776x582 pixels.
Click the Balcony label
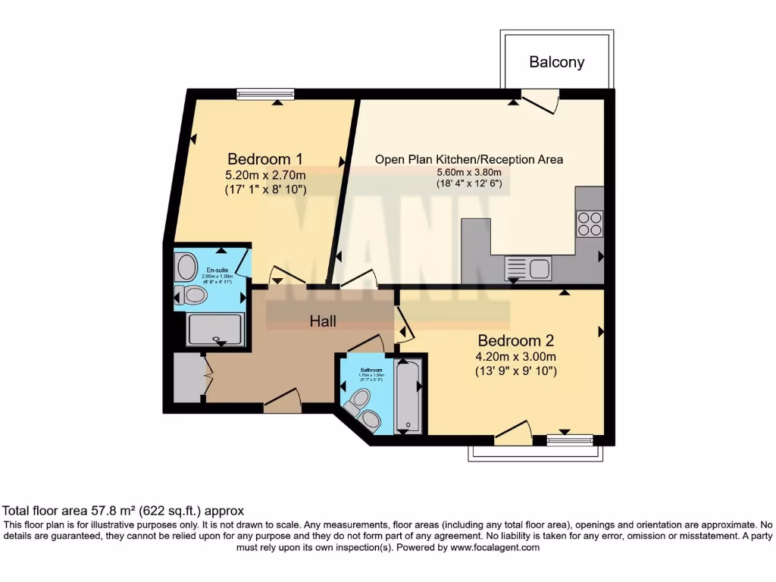[556, 62]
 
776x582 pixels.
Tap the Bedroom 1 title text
[265, 159]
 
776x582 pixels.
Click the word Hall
[323, 321]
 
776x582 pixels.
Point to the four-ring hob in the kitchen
[590, 224]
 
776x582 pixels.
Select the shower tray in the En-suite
[215, 330]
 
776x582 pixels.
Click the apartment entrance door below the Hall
[283, 402]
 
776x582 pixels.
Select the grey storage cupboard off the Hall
[186, 377]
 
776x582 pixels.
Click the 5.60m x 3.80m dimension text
[469, 172]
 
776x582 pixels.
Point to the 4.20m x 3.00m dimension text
[517, 357]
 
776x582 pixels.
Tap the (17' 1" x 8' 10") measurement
[265, 189]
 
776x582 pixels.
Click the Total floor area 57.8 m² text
[124, 511]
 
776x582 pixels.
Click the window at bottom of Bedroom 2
[570, 436]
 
